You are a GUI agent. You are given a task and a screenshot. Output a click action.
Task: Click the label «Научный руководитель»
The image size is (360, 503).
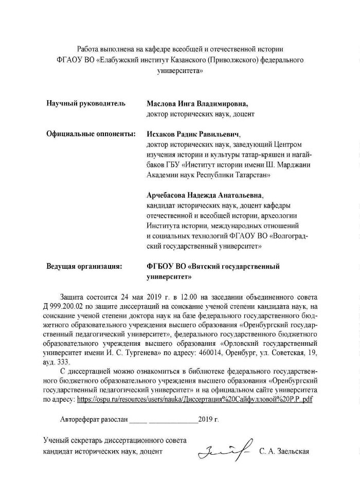click(86, 103)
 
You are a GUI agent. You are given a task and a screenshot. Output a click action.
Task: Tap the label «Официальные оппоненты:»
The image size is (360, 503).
click(91, 134)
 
